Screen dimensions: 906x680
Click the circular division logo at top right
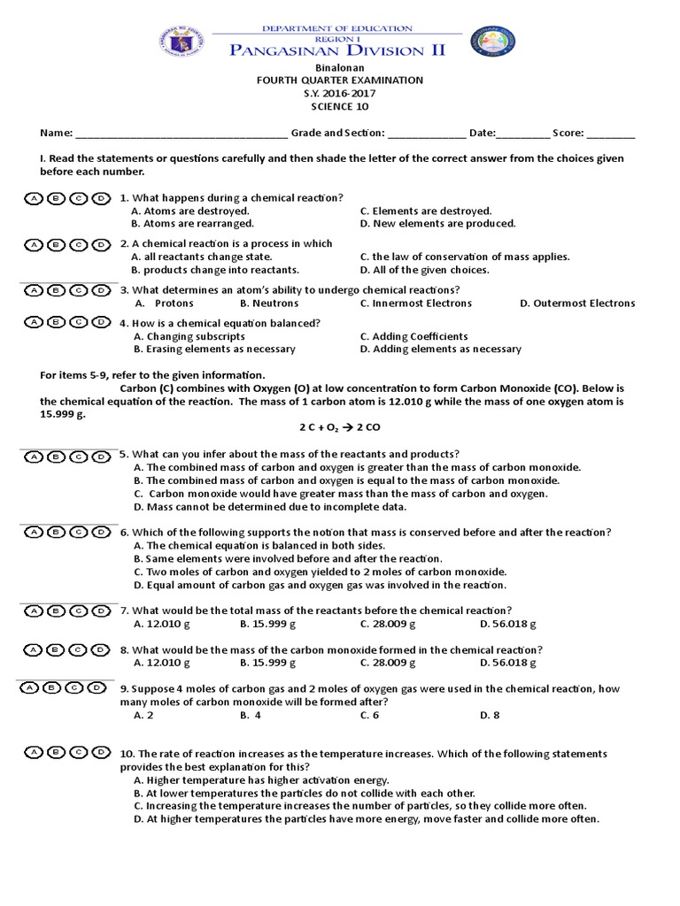pyautogui.click(x=493, y=42)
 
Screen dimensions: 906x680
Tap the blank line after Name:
pyautogui.click(x=181, y=134)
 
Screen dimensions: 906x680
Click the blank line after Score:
pyautogui.click(x=610, y=134)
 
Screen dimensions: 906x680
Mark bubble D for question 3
pyautogui.click(x=102, y=290)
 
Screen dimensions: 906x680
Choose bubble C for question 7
pyautogui.click(x=79, y=610)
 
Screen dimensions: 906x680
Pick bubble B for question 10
pyautogui.click(x=56, y=753)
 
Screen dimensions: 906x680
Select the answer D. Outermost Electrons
pyautogui.click(x=577, y=303)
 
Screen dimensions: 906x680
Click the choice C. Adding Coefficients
pyautogui.click(x=413, y=336)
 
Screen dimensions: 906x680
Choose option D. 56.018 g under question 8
pyautogui.click(x=507, y=663)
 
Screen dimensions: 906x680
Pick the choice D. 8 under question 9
pyautogui.click(x=490, y=715)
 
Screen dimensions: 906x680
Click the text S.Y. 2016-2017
pyautogui.click(x=340, y=93)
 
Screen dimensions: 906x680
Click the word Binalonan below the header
pyautogui.click(x=340, y=67)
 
